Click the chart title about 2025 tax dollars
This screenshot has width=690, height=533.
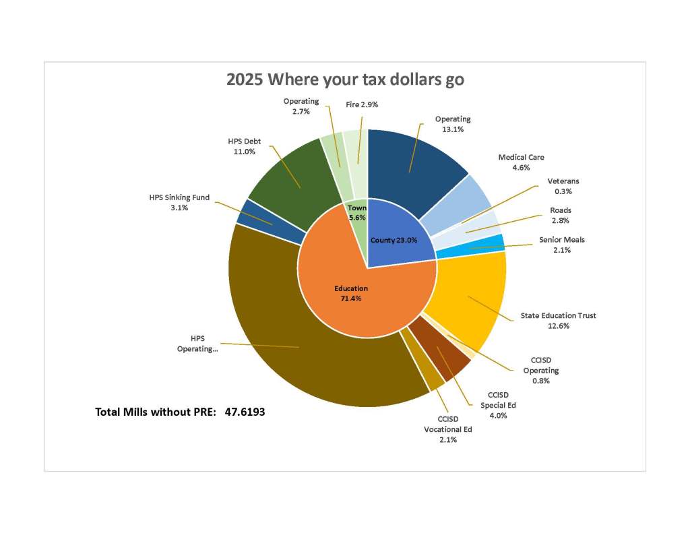[345, 80]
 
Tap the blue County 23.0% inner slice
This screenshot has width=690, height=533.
[401, 232]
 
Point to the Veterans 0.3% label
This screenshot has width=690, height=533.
[563, 186]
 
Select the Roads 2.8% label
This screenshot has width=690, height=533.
[560, 215]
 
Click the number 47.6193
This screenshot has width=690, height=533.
[245, 411]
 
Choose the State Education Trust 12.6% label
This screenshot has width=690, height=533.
[558, 320]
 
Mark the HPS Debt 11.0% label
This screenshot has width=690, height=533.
[244, 147]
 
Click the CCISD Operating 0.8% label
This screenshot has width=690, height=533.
[541, 371]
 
